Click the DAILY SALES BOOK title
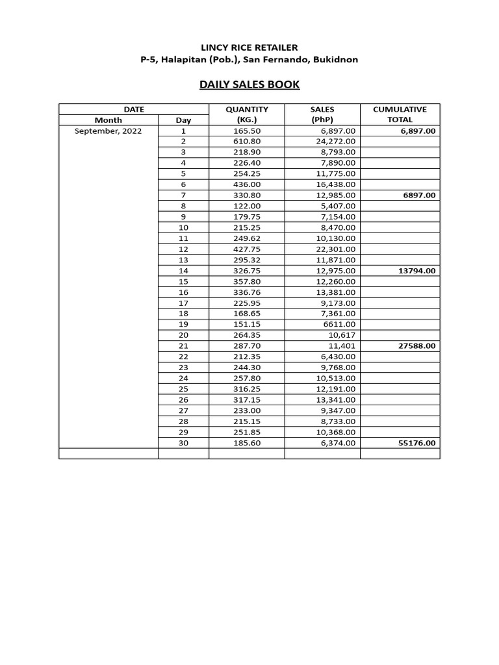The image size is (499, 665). tap(249, 84)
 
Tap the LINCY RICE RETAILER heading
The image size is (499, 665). tap(249, 47)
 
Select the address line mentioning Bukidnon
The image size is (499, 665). tap(249, 60)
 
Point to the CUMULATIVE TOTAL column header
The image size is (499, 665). tap(400, 114)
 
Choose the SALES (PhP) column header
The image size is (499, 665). tap(322, 114)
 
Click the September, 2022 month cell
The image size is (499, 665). tap(108, 131)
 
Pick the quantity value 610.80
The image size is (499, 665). tap(247, 142)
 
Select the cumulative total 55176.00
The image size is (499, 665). tap(417, 443)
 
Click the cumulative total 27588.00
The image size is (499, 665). tap(417, 346)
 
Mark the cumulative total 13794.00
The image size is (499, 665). tap(417, 271)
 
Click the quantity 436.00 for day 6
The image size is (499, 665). tap(247, 184)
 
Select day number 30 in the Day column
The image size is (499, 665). tap(183, 443)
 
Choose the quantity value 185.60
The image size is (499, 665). tap(247, 443)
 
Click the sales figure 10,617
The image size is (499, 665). tap(342, 335)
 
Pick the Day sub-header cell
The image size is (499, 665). tap(183, 120)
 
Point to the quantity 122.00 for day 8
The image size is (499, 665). tap(247, 206)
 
